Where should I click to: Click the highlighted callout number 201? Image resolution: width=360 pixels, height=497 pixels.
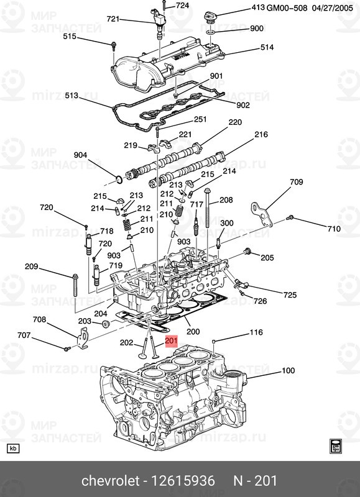(171, 341)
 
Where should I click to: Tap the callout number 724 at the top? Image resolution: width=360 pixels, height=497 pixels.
(182, 6)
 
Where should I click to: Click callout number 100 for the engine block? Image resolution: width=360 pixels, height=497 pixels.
(288, 370)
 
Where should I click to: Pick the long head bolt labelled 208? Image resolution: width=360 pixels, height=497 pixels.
(207, 208)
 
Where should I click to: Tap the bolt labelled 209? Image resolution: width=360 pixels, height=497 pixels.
(75, 285)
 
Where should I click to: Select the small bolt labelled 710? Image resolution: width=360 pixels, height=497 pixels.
(289, 218)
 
